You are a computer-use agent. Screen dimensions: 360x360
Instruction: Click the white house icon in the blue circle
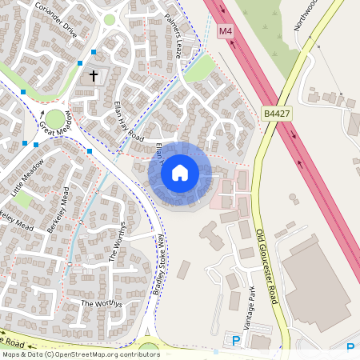point(180,173)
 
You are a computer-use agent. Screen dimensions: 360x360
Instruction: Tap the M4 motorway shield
point(226,31)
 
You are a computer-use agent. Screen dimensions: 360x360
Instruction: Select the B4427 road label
point(276,114)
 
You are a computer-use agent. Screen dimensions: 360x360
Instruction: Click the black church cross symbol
point(94,76)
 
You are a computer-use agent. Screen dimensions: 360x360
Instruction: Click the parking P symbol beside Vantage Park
point(236,341)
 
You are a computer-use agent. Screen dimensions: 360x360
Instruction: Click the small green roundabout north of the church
point(110,19)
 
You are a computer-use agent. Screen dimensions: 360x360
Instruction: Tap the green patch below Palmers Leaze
point(200,67)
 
